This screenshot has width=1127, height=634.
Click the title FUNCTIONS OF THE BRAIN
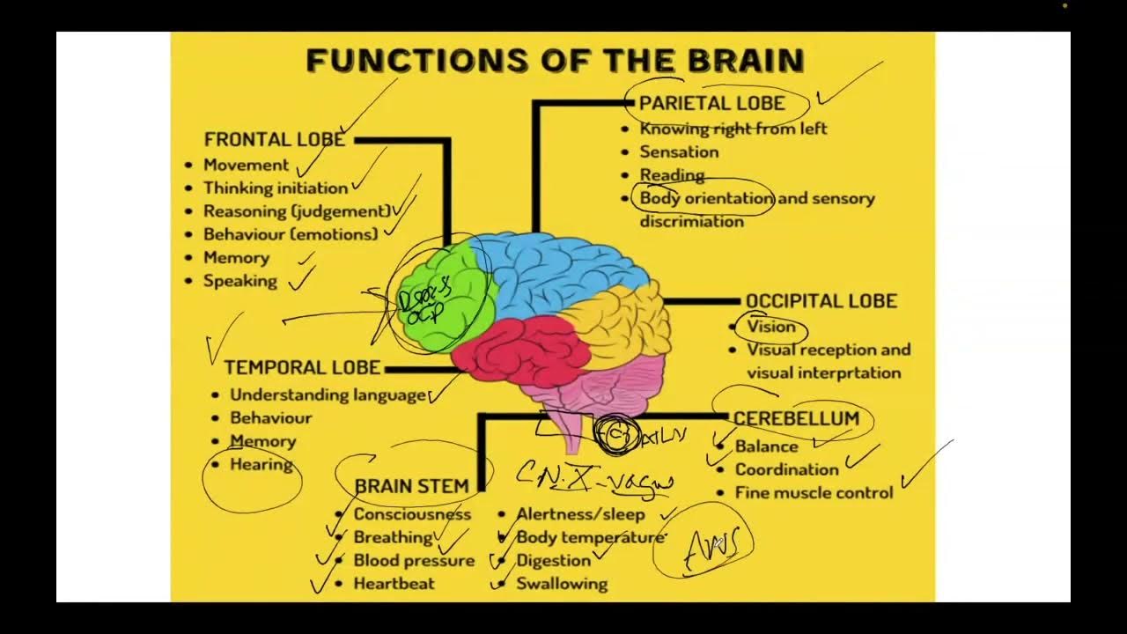coord(555,61)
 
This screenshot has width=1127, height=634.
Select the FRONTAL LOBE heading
coord(274,139)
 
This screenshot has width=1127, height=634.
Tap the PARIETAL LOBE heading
coord(711,103)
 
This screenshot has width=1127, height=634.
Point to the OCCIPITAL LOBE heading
coord(821,301)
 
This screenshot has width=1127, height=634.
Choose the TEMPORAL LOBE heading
coord(302,367)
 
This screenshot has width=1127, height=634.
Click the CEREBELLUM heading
coord(795,418)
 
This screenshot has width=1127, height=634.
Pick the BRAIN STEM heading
coord(411,486)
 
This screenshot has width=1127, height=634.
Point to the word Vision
coord(770,327)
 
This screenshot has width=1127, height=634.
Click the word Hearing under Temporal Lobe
coord(261,464)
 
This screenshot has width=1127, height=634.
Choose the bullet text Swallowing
coord(561,583)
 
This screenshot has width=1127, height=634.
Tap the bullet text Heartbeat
coord(394,583)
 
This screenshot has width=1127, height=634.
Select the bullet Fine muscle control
coord(814,492)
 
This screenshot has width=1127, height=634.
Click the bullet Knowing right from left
coord(733,129)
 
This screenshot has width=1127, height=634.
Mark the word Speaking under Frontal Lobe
coord(239,281)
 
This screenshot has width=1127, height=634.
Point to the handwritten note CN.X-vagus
coord(595,478)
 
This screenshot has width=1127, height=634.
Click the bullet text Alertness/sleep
coord(580,514)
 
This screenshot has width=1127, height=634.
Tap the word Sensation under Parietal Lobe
coord(679,151)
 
